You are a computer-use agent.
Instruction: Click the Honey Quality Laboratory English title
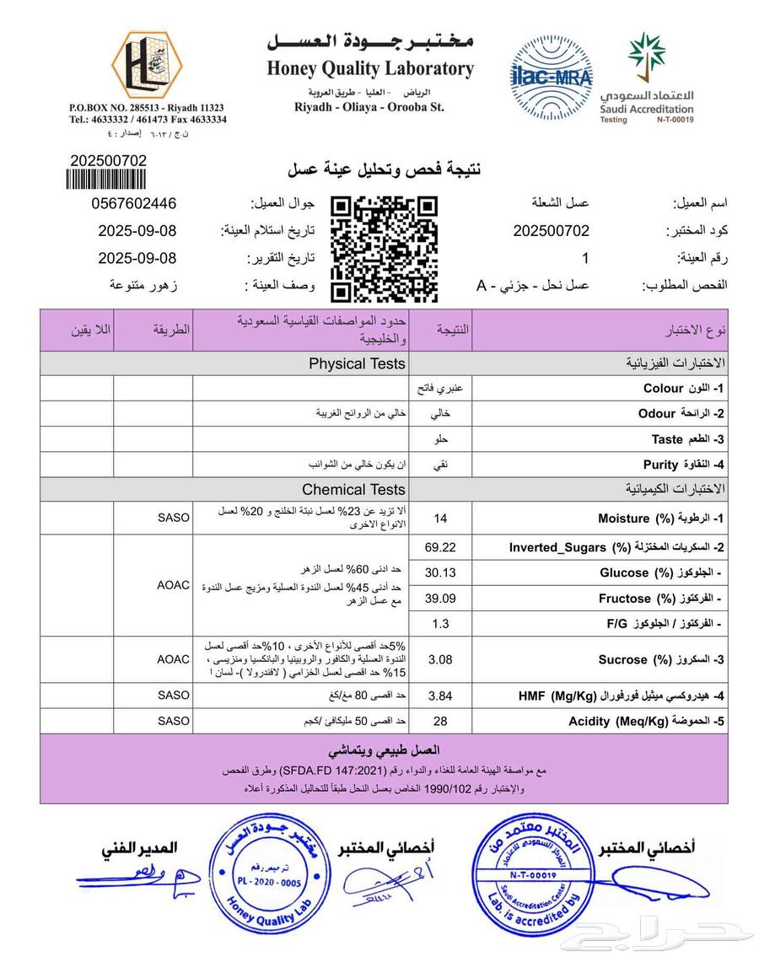(x=370, y=69)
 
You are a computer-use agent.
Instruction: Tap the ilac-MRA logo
(x=551, y=76)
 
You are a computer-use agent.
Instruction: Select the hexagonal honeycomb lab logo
(x=148, y=65)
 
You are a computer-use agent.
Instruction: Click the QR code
(x=384, y=249)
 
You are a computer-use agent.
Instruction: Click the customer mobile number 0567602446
(x=134, y=204)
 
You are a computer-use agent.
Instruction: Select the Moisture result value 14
(x=439, y=519)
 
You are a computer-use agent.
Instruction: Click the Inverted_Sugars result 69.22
(x=439, y=547)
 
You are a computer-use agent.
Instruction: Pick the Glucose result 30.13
(x=439, y=572)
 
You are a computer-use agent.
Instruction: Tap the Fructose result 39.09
(x=439, y=598)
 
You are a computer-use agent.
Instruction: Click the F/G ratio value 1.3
(x=439, y=624)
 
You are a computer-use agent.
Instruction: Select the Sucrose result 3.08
(x=439, y=659)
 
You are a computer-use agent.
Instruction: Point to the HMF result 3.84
(x=439, y=696)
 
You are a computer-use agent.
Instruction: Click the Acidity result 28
(x=439, y=721)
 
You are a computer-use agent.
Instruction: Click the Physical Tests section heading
(x=356, y=364)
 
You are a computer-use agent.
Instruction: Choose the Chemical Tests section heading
(x=353, y=489)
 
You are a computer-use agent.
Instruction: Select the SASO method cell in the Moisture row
(x=174, y=518)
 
